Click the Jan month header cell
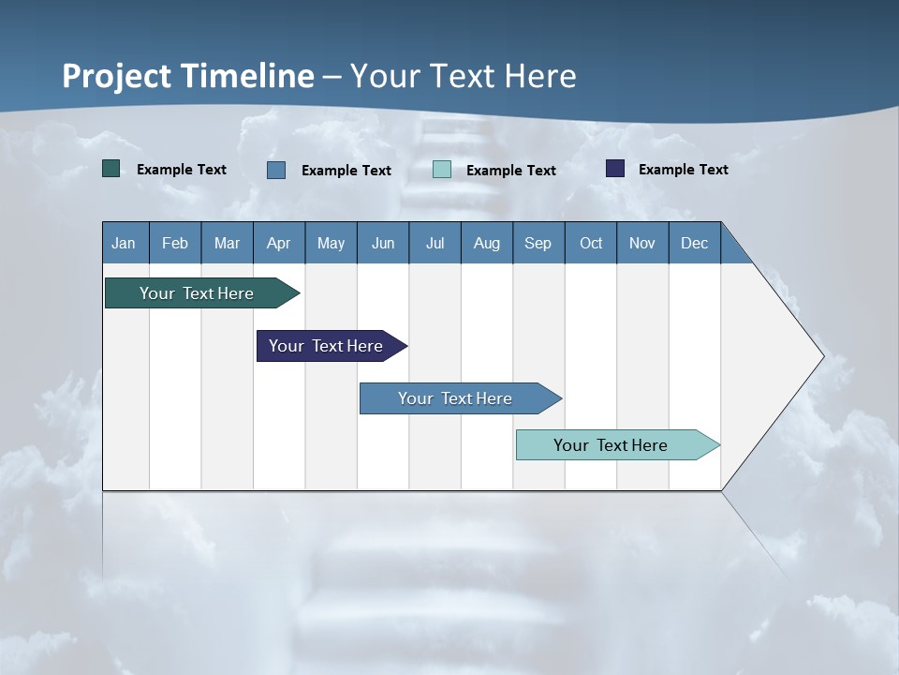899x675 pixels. (125, 243)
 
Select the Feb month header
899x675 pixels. (175, 243)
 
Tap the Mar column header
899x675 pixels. (227, 243)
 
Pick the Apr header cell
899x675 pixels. (279, 243)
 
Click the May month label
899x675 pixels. (331, 243)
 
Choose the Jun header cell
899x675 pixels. (383, 243)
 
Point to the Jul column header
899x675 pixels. (435, 243)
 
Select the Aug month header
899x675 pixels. (487, 243)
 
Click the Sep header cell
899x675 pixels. (538, 243)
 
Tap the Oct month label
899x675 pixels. (591, 243)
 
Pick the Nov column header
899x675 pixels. (642, 243)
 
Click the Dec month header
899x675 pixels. (695, 243)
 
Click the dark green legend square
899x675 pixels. (111, 169)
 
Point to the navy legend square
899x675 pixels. (615, 169)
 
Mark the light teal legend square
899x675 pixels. (442, 170)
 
